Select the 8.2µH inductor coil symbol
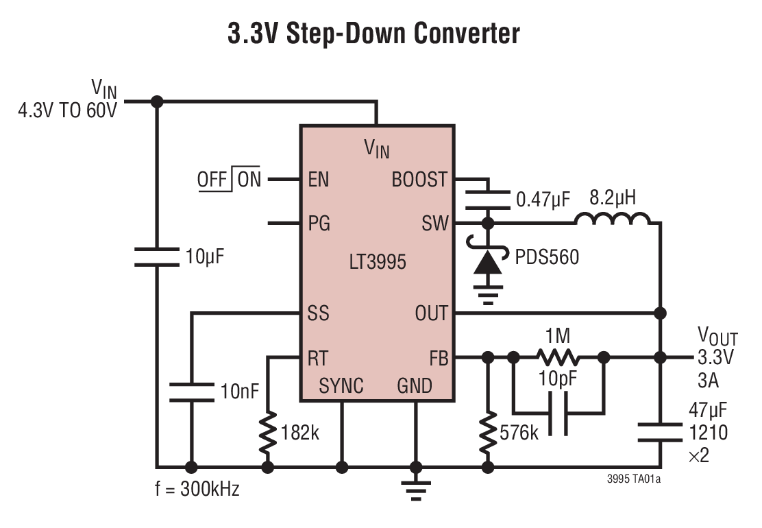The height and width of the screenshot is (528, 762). tap(613, 219)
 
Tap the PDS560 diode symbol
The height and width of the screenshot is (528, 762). tap(488, 262)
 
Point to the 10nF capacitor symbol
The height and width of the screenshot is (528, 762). tap(191, 392)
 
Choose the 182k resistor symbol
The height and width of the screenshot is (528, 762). tap(268, 433)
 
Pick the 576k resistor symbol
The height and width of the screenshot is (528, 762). tap(488, 433)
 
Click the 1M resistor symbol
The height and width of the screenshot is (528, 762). tap(558, 357)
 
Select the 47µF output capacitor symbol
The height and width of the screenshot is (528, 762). tap(660, 433)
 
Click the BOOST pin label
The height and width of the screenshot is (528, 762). tap(419, 180)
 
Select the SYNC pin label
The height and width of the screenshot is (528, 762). tap(341, 386)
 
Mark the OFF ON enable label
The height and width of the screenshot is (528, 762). tap(230, 180)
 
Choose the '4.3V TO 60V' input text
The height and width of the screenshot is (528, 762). tap(68, 110)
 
